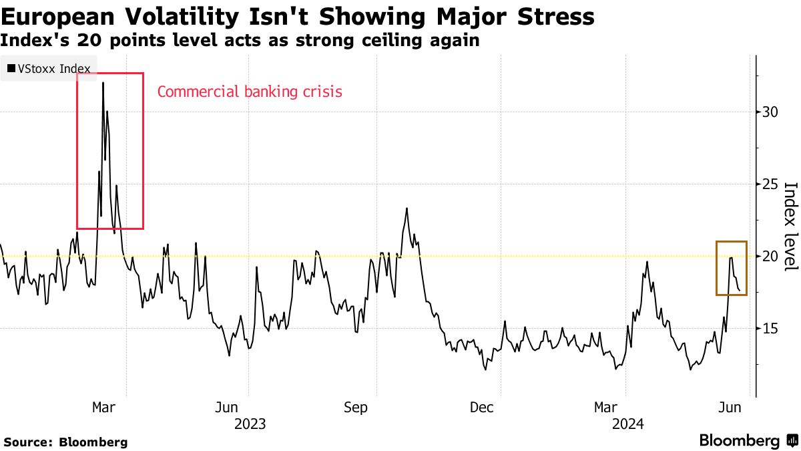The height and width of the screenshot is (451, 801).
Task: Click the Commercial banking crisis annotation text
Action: coord(250,92)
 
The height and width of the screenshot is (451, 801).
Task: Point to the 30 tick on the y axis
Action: coord(769,112)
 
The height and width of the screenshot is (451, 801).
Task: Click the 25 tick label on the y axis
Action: coord(769,184)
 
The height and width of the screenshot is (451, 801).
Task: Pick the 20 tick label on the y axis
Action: coord(769,256)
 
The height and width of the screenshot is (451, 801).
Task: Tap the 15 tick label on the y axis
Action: coord(769,328)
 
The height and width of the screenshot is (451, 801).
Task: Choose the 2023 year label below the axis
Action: coord(250,424)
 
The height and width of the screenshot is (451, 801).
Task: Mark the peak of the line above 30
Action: coord(103,83)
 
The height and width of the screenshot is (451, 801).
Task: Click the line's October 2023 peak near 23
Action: coord(406,208)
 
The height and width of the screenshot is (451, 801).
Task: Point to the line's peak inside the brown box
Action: coord(732,257)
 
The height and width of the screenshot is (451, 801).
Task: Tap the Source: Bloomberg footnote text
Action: coord(65,442)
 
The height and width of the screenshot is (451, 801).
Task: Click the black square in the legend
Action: coord(11,68)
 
